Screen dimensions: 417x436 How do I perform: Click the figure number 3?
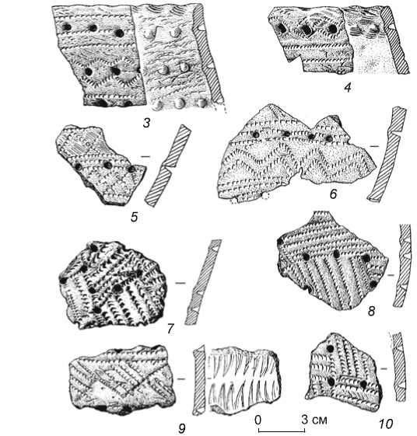coord(147,123)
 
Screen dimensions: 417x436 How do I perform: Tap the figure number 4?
coord(348,88)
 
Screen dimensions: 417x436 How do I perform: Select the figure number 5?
coord(135,217)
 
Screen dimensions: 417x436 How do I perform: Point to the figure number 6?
coord(333,194)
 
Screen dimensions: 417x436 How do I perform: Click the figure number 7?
coord(170,329)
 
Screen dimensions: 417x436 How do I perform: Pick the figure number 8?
coord(371,311)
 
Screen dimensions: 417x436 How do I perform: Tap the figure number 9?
coord(181,428)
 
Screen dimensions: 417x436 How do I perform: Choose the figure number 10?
coord(386,424)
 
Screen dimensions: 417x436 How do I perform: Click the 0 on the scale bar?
coord(258,420)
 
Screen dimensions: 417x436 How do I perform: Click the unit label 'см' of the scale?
coord(320,420)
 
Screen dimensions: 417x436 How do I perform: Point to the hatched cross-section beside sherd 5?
coord(167,166)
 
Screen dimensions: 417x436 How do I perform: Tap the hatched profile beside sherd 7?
coord(203,282)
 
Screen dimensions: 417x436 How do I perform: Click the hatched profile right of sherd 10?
coord(398,367)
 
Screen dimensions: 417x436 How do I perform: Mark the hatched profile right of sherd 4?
coord(394,40)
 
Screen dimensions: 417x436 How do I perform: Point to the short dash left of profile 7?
coord(180,283)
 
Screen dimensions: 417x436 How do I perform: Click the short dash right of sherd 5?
coord(145,156)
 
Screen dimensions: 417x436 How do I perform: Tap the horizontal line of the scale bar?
coord(282,431)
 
